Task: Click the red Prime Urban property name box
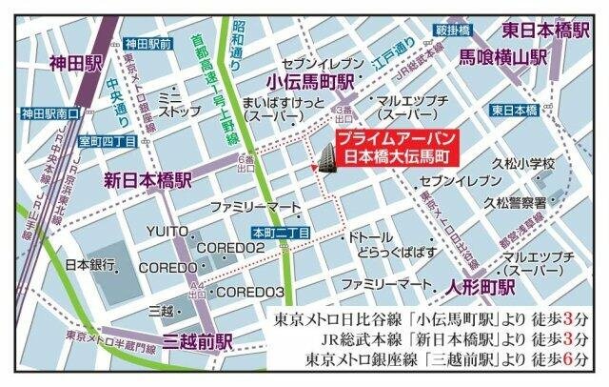tap(393, 145)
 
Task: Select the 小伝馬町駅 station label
tap(310, 81)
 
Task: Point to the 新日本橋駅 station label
tap(147, 178)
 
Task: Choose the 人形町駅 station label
tap(480, 285)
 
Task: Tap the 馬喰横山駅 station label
tap(503, 57)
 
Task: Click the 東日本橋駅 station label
tap(545, 29)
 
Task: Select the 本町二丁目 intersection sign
tap(276, 231)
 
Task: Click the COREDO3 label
tap(251, 291)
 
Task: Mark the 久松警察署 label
tap(515, 202)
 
